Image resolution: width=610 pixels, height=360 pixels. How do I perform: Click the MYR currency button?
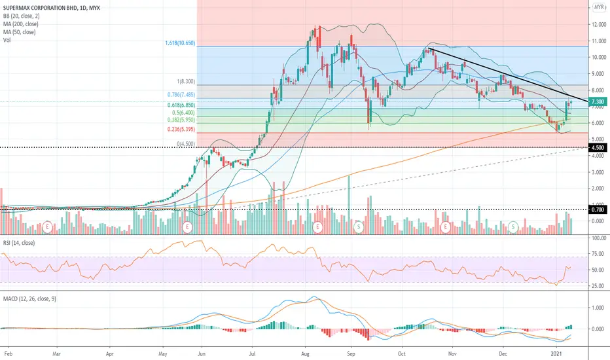[598, 7]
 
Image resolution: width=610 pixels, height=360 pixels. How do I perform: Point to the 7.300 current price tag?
[597, 102]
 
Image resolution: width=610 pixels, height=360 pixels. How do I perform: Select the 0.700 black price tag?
[597, 210]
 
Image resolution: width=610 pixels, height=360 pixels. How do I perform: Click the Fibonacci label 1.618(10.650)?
[181, 42]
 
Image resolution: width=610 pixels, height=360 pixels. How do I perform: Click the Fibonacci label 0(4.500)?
[189, 143]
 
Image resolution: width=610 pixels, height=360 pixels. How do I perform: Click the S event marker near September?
[359, 226]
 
